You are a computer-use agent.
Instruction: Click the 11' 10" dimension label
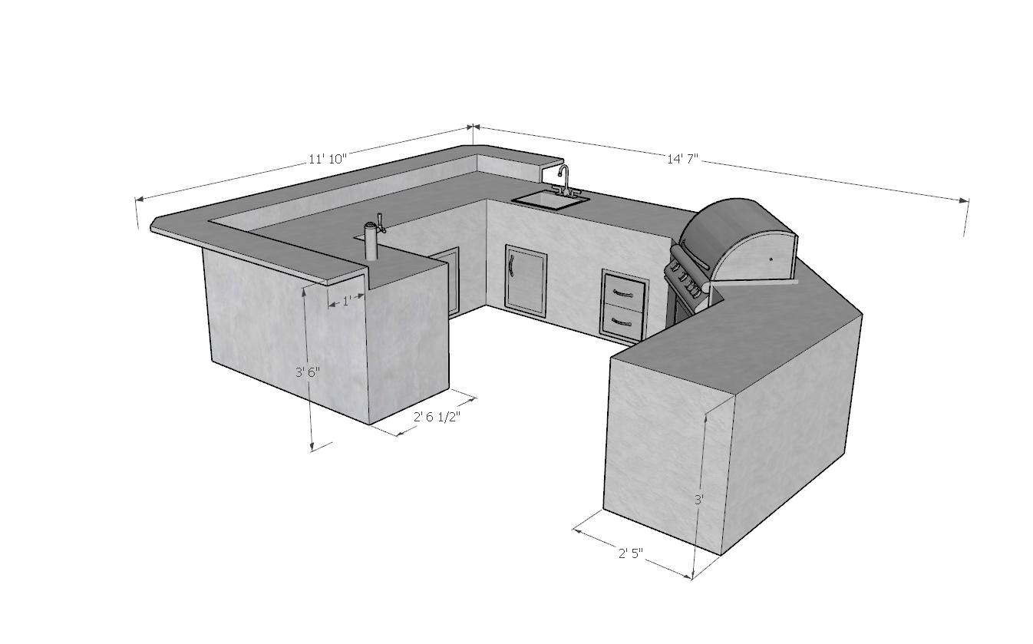pos(328,159)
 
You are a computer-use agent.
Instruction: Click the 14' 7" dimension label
pos(683,159)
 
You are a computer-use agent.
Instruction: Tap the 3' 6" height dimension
pos(308,372)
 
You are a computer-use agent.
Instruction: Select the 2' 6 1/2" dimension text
pos(437,417)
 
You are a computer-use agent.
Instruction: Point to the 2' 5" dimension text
pos(631,553)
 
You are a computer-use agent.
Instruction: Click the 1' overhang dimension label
pos(347,301)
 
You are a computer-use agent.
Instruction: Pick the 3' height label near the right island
pos(699,500)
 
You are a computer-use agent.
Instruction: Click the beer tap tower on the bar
pos(371,242)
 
